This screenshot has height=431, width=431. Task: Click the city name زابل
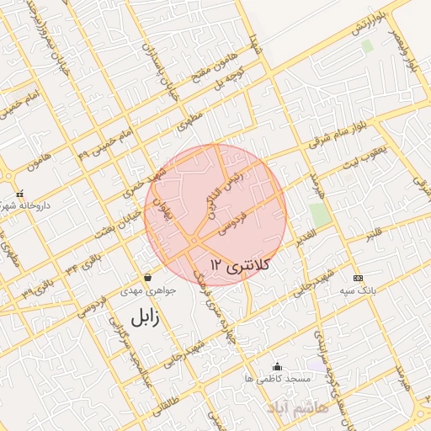145,317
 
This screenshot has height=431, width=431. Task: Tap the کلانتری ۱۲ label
238,265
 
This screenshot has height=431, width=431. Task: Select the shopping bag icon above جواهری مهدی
148,277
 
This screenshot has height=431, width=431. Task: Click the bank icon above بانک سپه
358,278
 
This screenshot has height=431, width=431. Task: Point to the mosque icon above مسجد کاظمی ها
278,366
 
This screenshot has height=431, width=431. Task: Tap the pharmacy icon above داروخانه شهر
19,194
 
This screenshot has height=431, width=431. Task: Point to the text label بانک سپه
356,290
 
